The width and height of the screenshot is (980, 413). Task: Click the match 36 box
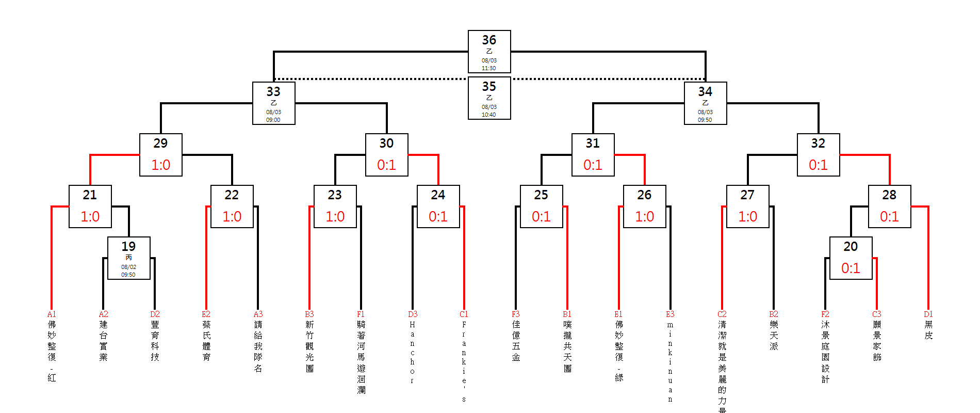(489, 52)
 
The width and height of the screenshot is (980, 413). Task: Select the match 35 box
(489, 98)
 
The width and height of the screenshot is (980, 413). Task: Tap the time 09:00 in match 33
(273, 120)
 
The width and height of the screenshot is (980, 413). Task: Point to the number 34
(705, 91)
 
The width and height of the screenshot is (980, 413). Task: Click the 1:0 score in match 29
(160, 165)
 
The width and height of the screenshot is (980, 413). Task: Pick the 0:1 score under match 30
(386, 165)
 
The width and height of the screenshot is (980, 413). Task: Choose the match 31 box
(593, 155)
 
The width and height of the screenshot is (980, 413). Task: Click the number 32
(818, 143)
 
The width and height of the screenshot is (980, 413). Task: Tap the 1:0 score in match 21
(90, 216)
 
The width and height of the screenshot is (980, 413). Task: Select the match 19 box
(128, 258)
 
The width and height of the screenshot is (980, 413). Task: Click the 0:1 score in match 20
(851, 268)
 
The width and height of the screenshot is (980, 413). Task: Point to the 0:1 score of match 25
(541, 216)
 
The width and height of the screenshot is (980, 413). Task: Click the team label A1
(52, 314)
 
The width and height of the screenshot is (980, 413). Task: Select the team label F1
(361, 314)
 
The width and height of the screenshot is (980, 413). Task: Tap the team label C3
(876, 314)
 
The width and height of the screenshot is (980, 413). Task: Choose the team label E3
(670, 314)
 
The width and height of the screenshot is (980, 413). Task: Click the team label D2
(155, 314)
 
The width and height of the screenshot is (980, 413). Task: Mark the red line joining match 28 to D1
(928, 258)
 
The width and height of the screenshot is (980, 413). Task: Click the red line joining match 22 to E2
(206, 258)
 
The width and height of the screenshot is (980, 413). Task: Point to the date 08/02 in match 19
(128, 267)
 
